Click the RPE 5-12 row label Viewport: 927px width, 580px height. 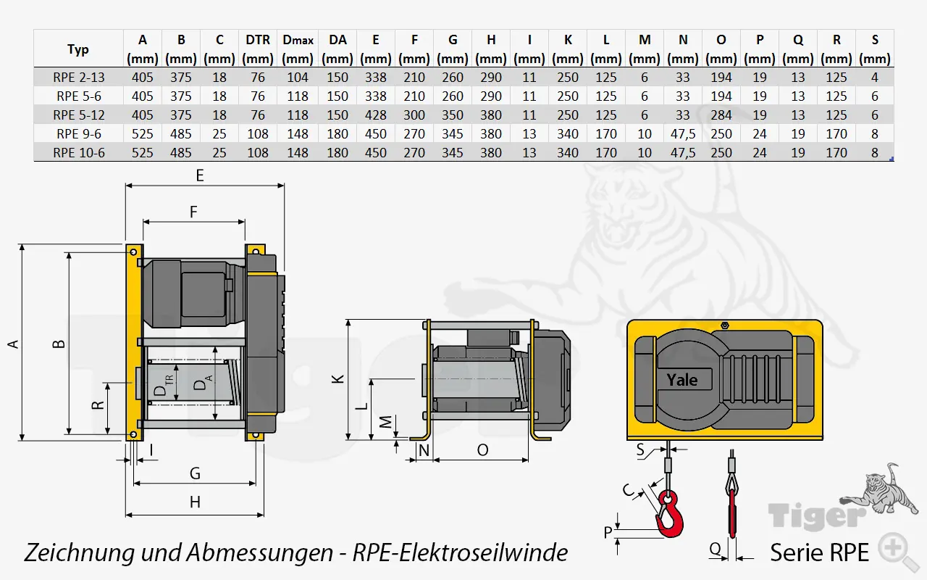coord(78,115)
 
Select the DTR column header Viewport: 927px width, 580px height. coord(258,40)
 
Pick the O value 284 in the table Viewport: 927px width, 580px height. coord(721,115)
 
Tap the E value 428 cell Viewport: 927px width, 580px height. coord(375,115)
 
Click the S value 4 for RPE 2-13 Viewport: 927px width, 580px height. coord(875,77)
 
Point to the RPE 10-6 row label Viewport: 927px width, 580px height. coord(78,152)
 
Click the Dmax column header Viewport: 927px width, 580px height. coord(298,40)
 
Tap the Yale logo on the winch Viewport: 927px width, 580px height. coord(682,379)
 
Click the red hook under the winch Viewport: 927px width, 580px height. coord(668,515)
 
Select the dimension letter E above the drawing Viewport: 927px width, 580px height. coord(200,175)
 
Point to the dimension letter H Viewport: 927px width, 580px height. coord(195,502)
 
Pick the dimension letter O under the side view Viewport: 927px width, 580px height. coord(483,450)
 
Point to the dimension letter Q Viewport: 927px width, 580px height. coord(716,550)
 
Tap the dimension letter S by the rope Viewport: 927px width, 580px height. coord(640,450)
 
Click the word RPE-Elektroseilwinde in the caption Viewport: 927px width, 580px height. coord(460,553)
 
